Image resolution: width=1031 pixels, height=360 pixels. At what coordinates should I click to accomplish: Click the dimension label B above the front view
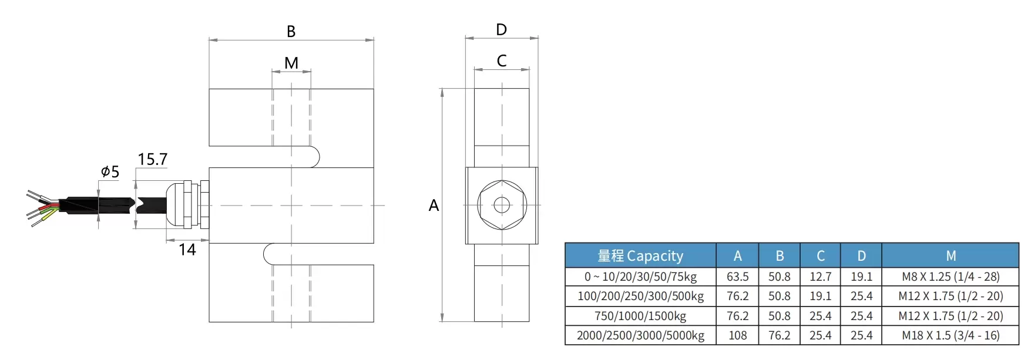(x=291, y=32)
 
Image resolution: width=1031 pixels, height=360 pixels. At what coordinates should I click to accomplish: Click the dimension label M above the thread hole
(x=291, y=63)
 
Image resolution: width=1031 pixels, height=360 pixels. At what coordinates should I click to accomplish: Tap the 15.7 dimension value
(x=152, y=160)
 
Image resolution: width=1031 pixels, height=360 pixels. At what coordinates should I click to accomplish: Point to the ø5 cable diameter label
(x=110, y=172)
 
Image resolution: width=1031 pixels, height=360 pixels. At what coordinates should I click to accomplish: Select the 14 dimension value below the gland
(x=187, y=250)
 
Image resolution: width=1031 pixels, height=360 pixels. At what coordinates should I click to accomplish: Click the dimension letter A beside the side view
(x=434, y=206)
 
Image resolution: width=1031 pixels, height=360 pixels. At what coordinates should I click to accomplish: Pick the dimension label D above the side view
(x=501, y=30)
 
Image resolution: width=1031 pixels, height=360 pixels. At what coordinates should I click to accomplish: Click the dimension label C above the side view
(x=501, y=61)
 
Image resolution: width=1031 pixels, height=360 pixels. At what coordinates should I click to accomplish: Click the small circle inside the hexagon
(x=502, y=205)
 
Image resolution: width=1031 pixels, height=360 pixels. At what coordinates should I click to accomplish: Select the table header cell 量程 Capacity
(x=640, y=256)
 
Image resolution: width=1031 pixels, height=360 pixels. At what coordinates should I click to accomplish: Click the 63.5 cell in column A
(x=737, y=277)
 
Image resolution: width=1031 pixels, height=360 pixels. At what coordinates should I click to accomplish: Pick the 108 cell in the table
(x=737, y=335)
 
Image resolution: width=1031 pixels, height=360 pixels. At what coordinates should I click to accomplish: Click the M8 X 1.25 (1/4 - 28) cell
(x=951, y=277)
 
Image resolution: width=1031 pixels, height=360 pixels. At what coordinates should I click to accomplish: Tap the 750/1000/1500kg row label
(x=640, y=316)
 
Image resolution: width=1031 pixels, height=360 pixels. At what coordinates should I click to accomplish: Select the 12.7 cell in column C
(x=820, y=277)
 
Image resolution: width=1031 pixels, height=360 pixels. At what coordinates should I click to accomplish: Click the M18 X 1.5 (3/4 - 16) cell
(x=951, y=335)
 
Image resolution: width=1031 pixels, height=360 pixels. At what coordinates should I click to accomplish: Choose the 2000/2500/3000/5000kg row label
(x=640, y=335)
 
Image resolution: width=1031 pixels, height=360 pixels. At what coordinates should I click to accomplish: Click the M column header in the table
(x=951, y=256)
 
